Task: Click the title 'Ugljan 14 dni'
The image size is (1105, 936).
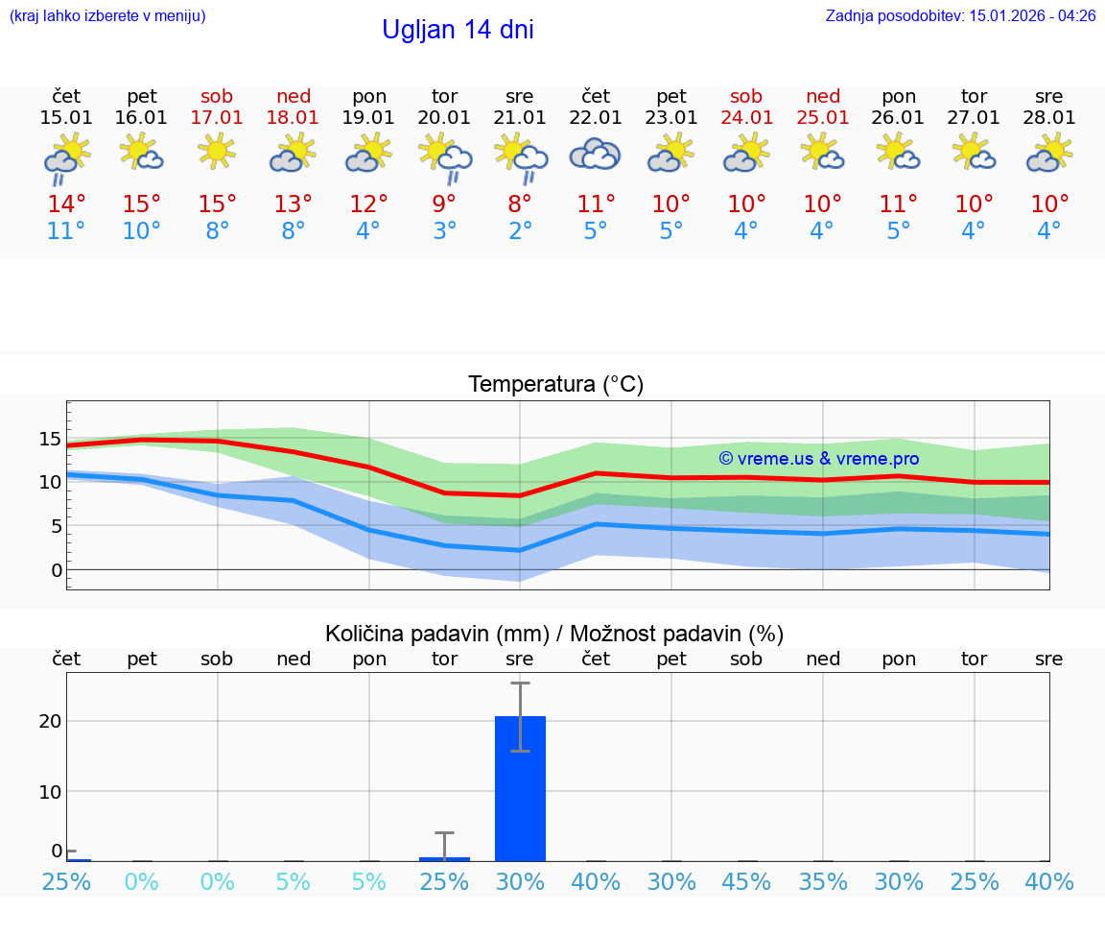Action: pos(458,30)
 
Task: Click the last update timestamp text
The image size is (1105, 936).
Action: pos(960,15)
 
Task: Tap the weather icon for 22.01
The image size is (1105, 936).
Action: pos(596,154)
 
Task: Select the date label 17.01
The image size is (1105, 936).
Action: pos(218,118)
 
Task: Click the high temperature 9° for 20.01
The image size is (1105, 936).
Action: pos(444,204)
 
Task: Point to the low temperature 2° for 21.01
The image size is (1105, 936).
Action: pos(520,231)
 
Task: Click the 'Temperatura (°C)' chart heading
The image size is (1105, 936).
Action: pos(555,385)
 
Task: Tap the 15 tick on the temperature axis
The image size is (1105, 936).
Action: pos(50,440)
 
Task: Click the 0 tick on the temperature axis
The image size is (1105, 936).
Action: pos(56,570)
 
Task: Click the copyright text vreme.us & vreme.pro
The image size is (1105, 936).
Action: pos(818,459)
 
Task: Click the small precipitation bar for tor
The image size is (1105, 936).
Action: pos(444,858)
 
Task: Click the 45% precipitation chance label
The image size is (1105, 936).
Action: pos(746,881)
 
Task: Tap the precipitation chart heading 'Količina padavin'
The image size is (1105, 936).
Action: pos(554,634)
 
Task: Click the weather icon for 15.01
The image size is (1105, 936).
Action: pos(66,156)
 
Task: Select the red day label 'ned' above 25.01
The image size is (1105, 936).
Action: pos(823,96)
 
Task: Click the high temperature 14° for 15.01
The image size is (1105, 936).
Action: pos(66,204)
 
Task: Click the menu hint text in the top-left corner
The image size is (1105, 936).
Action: pos(107,15)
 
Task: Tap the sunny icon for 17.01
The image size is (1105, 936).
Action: pos(218,151)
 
